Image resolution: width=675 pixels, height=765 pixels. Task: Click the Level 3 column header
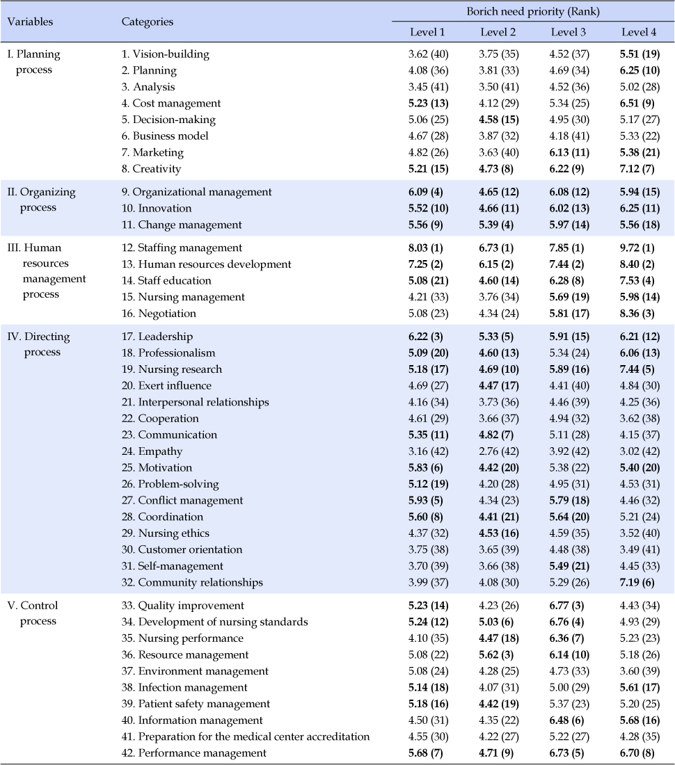[x=568, y=32]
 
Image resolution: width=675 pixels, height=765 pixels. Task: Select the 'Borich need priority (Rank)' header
[x=533, y=11]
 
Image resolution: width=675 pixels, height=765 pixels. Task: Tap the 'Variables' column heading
[x=30, y=22]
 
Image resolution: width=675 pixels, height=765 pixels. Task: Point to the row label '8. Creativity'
[x=151, y=169]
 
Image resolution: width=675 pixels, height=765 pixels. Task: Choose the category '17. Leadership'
[x=157, y=337]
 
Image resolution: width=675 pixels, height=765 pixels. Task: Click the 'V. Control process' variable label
[x=33, y=613]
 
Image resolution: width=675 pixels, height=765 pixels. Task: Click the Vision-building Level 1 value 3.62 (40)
[x=429, y=54]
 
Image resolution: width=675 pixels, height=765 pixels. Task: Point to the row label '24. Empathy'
[x=152, y=451]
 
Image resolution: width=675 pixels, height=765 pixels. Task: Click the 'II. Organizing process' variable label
[x=42, y=200]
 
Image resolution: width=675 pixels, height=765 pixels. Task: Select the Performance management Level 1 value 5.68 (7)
[x=426, y=752]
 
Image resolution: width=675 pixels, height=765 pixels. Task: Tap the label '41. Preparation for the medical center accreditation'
[x=246, y=736]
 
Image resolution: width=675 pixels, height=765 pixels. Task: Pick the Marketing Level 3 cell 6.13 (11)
[x=569, y=153]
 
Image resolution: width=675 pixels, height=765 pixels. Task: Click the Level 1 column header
[x=427, y=32]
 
